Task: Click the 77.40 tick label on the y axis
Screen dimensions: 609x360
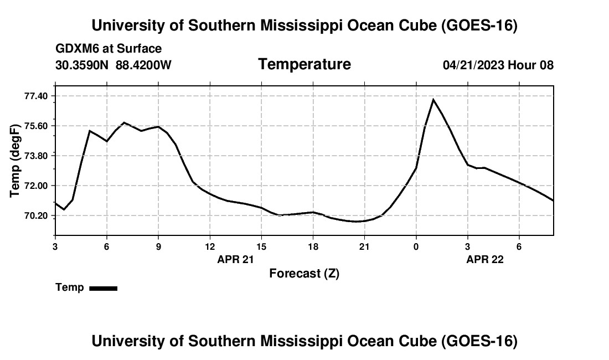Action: coord(36,96)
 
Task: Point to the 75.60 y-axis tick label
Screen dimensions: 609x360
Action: coord(36,126)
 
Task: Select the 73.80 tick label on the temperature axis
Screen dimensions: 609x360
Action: coord(36,156)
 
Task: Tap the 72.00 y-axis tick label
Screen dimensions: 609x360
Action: coord(36,186)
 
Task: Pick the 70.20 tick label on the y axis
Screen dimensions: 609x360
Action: coord(36,215)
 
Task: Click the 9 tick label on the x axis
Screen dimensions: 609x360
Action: coord(158,246)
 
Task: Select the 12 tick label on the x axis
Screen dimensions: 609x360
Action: coord(210,246)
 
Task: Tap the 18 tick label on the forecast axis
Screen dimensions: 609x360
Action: coord(313,246)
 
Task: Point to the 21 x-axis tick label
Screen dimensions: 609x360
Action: coord(364,246)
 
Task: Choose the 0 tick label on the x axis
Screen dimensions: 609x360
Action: coord(416,246)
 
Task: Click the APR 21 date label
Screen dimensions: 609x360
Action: coord(235,259)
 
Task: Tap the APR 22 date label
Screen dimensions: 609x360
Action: coord(485,259)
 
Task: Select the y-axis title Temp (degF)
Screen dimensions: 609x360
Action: coord(15,161)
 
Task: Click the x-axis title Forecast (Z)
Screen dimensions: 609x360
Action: coord(304,274)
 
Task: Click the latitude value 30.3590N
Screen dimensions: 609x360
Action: coord(81,65)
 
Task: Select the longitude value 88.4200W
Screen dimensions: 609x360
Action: coord(143,65)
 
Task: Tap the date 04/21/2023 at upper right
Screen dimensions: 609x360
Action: coord(473,65)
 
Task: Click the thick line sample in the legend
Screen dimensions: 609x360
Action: coord(104,288)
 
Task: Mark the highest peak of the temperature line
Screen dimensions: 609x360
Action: coord(433,100)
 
